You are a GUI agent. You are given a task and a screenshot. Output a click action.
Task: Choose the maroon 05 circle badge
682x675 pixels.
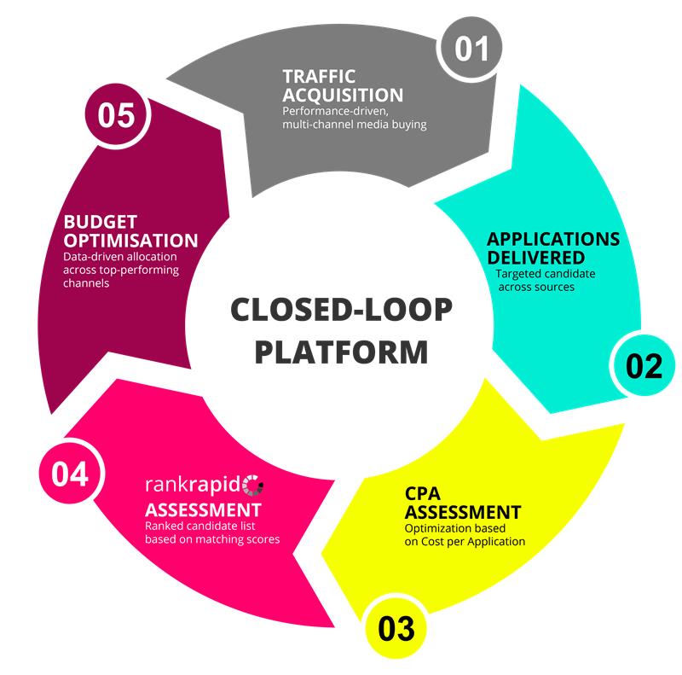point(117,115)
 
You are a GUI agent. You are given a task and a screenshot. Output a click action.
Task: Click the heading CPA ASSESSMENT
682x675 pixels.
point(462,503)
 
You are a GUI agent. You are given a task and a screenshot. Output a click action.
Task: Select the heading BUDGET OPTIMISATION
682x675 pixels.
point(130,230)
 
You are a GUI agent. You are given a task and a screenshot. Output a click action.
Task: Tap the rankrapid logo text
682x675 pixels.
point(194,487)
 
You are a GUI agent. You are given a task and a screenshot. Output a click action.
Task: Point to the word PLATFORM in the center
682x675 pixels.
point(342,351)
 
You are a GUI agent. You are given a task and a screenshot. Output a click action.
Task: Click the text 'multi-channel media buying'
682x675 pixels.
point(354,125)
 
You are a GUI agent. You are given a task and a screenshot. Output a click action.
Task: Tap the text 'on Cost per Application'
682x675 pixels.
point(465,541)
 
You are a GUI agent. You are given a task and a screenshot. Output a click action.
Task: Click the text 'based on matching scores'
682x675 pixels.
point(212,539)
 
